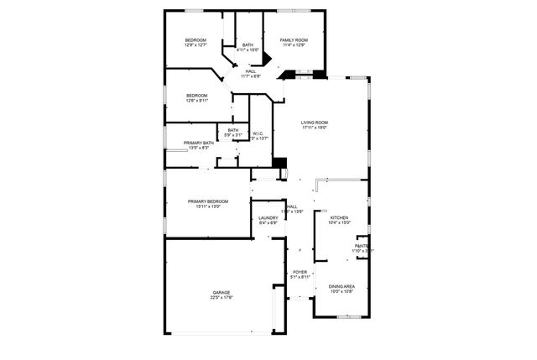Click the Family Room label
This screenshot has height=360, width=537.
pos(294,40)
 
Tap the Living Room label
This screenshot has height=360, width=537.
pos(315,123)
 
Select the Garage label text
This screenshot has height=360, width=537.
pos(222,292)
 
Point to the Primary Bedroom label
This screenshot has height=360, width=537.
pos(208,201)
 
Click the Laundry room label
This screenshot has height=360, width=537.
pos(268,218)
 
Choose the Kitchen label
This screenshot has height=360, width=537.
pos(339,218)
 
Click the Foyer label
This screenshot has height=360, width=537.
pos(300,273)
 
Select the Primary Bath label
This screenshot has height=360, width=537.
pos(199,143)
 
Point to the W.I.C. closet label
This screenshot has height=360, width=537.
pos(258,133)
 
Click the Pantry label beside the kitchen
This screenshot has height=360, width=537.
pos(362,246)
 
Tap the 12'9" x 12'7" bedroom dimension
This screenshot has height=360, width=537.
pos(196,45)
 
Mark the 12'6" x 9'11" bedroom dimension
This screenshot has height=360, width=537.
pos(196,100)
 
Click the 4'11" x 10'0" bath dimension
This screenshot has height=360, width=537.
pos(248,50)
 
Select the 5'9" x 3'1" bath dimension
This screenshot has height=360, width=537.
pos(232,134)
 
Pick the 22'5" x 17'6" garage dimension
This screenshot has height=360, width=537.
pos(222,297)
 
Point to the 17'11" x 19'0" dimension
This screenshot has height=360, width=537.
pos(315,128)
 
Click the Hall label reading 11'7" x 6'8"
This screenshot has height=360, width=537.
pos(251,76)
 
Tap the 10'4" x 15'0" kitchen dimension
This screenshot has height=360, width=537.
pos(339,223)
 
